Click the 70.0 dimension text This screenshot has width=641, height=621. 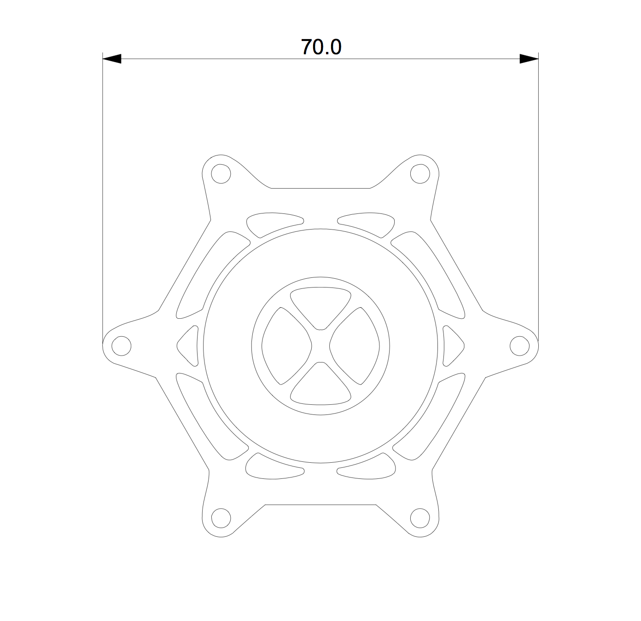tap(321, 47)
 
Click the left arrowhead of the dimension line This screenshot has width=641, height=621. tap(112, 59)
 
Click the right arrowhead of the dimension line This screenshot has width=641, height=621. tap(529, 59)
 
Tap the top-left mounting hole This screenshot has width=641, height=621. tap(221, 174)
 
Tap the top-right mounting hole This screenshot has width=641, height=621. tap(419, 174)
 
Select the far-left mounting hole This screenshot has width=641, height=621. tap(122, 346)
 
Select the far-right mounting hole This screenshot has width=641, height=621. tap(520, 346)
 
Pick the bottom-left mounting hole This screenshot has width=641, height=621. tap(221, 518)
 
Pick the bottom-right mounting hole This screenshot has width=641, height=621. tap(420, 518)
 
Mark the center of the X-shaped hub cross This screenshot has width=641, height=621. tap(321, 345)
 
